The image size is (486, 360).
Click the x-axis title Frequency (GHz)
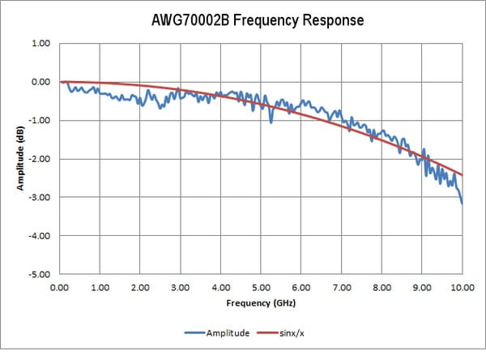point(260,304)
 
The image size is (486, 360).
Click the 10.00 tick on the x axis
point(462,287)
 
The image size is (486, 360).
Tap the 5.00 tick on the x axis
point(261,287)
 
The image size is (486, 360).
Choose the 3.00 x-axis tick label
point(181,287)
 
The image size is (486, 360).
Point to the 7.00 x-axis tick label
point(341,287)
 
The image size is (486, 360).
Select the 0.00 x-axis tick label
point(60,287)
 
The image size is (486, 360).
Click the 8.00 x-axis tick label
point(382,287)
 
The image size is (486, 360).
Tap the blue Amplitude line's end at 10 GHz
point(462,203)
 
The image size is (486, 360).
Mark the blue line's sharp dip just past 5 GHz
point(271,121)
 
